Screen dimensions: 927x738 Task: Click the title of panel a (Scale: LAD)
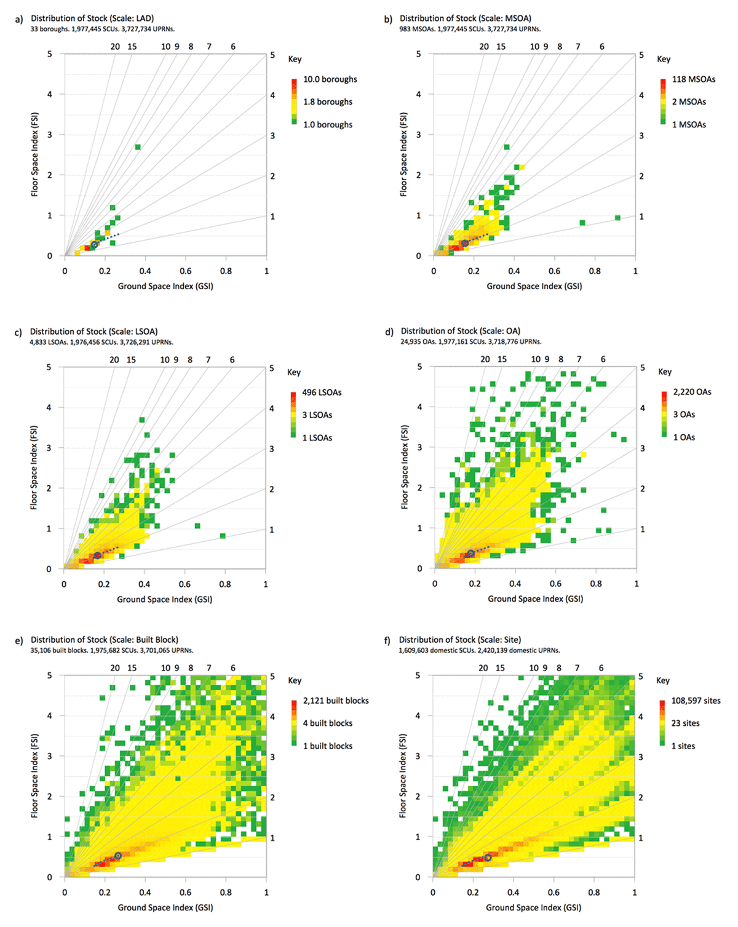[x=92, y=18]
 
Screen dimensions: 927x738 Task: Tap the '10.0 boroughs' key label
[x=330, y=79]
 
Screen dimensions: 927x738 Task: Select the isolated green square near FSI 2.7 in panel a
[x=138, y=147]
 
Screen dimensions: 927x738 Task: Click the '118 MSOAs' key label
[x=694, y=79]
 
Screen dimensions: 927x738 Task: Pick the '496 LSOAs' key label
[x=322, y=392]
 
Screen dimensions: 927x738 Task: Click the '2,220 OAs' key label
[x=692, y=392]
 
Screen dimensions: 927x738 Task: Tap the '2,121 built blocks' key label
[x=336, y=701]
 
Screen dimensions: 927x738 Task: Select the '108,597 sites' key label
[x=696, y=701]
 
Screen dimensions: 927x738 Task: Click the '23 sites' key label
[x=685, y=723]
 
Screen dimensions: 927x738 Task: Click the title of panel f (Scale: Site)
[x=460, y=640]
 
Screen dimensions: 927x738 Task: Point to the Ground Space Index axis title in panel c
[x=165, y=599]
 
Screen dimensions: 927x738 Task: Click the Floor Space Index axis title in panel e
[x=34, y=776]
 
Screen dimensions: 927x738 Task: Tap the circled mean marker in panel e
[x=118, y=856]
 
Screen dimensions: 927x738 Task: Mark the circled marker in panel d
[x=471, y=554]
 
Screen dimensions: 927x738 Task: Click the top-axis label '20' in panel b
[x=484, y=47]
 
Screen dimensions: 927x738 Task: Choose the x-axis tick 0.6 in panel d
[x=555, y=584]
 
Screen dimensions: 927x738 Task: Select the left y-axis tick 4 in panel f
[x=418, y=715]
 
